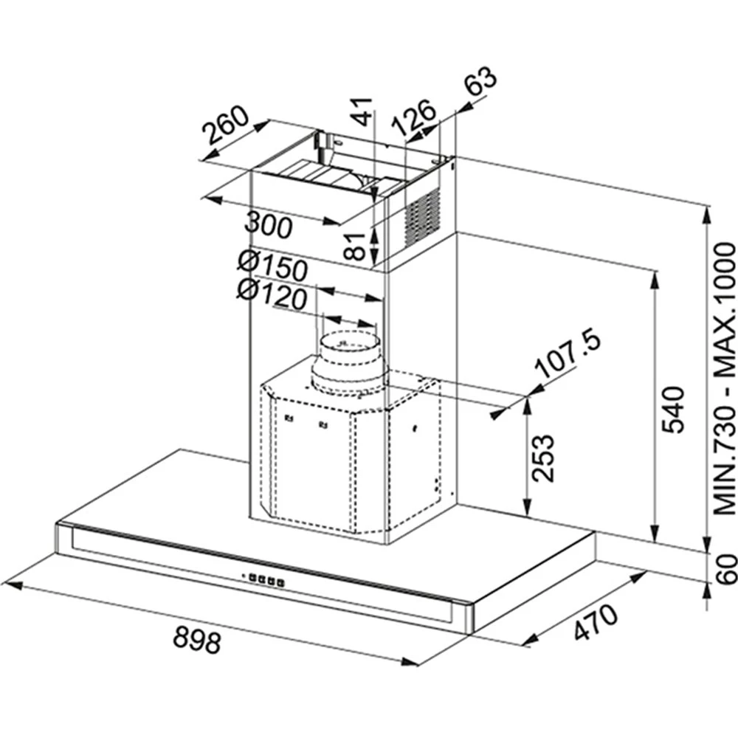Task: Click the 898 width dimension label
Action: coord(197,640)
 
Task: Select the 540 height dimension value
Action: coord(672,410)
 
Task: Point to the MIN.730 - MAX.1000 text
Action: coord(725,379)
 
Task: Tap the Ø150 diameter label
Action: coord(272,266)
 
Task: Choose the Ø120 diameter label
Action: coord(272,294)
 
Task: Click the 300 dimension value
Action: coord(269,225)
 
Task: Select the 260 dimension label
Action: coord(225,125)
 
